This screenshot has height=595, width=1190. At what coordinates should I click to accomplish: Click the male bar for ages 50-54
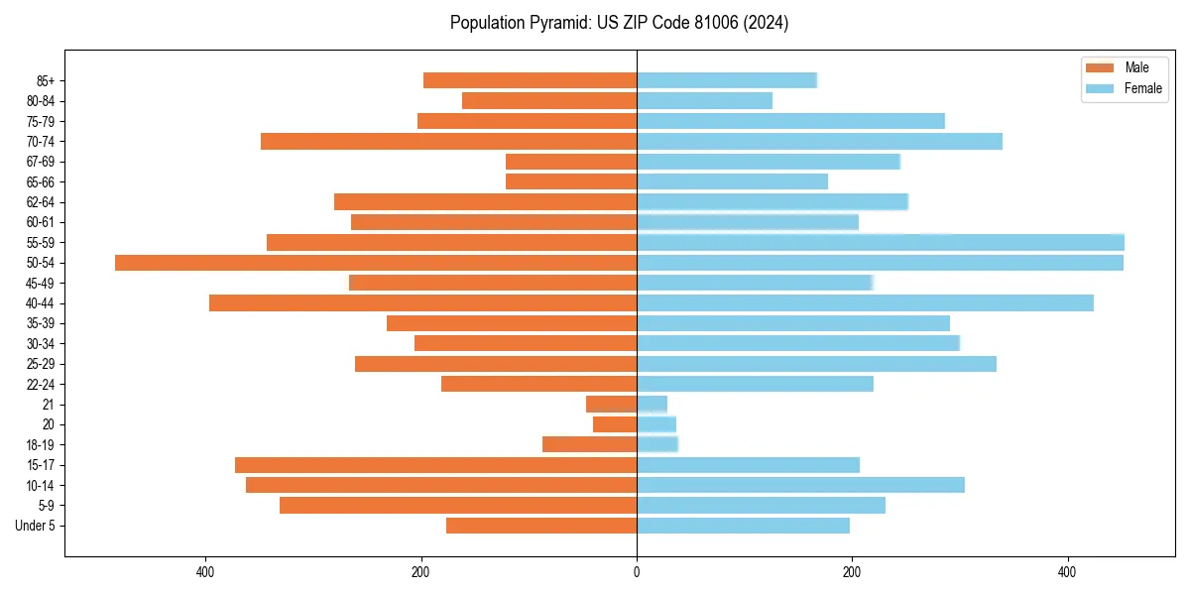point(376,263)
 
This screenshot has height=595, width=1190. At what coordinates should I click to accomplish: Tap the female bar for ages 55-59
point(880,242)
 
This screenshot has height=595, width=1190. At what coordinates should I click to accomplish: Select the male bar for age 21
point(611,405)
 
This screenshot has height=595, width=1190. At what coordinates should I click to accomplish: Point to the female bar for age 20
point(655,424)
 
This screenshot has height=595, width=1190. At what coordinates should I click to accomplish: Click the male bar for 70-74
point(448,141)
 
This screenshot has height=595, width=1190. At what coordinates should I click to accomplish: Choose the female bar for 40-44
point(865,303)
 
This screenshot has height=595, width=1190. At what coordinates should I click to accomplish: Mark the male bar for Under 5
point(541,526)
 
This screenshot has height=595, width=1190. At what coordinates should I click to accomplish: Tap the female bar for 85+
point(726,80)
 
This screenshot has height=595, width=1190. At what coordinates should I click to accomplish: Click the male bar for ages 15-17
point(435,465)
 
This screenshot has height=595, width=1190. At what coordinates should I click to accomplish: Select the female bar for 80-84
point(704,100)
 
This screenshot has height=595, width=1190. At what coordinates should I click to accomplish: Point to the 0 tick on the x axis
point(637,572)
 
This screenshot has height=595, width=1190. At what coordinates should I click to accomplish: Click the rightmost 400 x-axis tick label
point(1067,572)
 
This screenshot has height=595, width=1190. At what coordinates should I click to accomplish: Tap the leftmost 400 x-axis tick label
point(206,572)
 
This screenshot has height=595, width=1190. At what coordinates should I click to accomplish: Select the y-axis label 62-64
point(41,202)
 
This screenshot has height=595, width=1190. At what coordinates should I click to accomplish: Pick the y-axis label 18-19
point(41,445)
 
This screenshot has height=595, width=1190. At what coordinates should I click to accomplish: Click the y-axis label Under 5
point(36,526)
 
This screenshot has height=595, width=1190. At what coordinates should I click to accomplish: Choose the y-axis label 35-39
point(41,323)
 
